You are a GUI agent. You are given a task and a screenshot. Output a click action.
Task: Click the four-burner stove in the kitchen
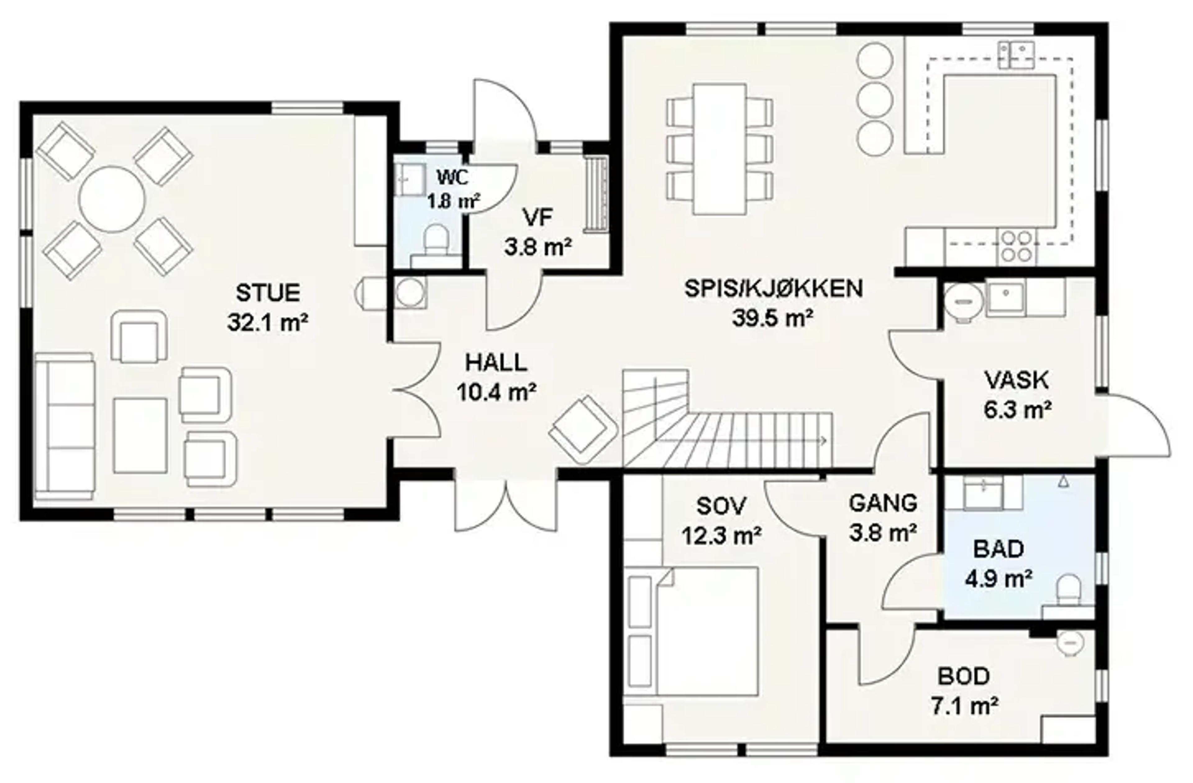click(x=1017, y=247)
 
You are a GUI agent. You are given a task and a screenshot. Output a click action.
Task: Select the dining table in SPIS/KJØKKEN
click(x=719, y=149)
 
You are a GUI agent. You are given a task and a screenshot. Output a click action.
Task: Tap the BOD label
click(x=963, y=676)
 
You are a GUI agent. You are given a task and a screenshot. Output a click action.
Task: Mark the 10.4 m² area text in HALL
click(x=496, y=392)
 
